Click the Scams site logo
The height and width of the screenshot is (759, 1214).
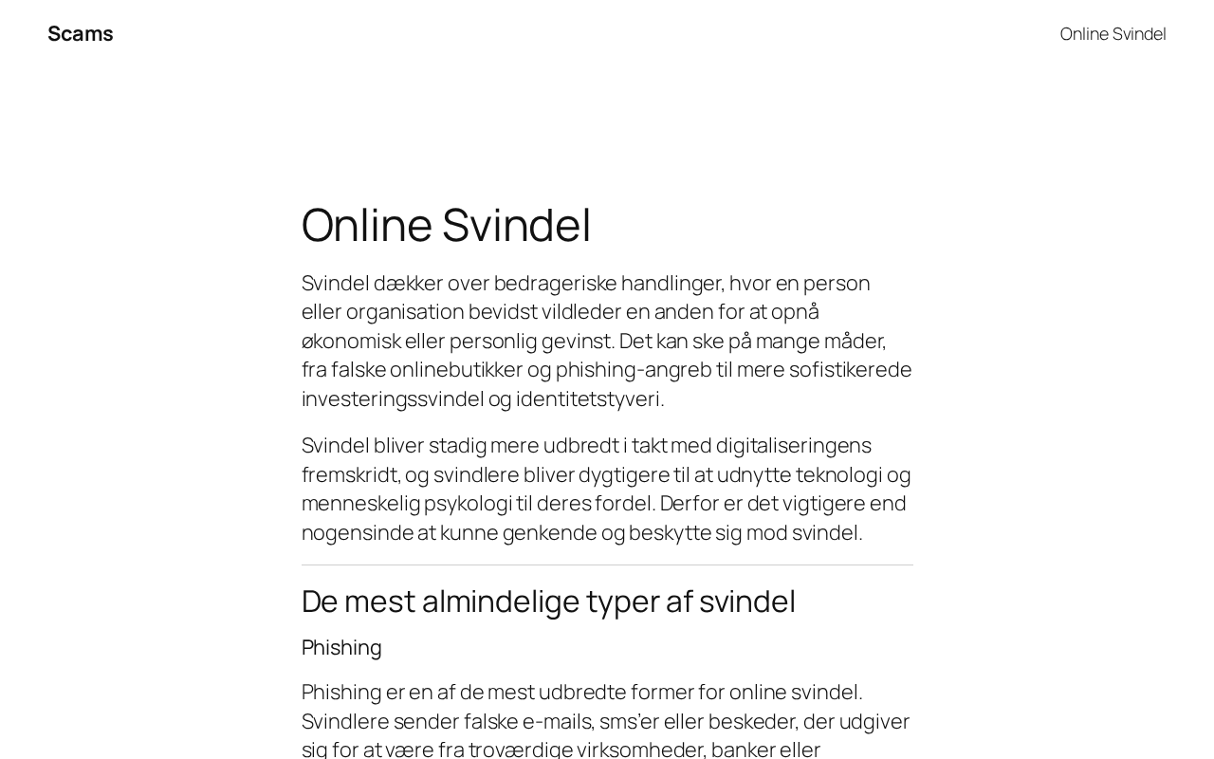coord(81,34)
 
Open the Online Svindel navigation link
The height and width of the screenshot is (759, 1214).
coord(1113,34)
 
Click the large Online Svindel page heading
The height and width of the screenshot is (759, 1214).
coord(446,225)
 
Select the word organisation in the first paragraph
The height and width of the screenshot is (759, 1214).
coord(404,312)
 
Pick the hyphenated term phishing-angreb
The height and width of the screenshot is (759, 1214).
coord(633,370)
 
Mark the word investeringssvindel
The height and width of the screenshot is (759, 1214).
coord(393,399)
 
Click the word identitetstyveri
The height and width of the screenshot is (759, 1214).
coord(589,399)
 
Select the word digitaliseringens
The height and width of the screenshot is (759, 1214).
coord(793,446)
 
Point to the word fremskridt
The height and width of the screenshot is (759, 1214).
coord(350,475)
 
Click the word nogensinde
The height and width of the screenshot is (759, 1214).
coord(358,533)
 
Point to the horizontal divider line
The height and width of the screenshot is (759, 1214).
coord(607,565)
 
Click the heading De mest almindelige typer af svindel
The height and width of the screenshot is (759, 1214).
coord(548,602)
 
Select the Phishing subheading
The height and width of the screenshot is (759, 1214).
coord(341,648)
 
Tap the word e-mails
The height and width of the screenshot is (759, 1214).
coord(557,722)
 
